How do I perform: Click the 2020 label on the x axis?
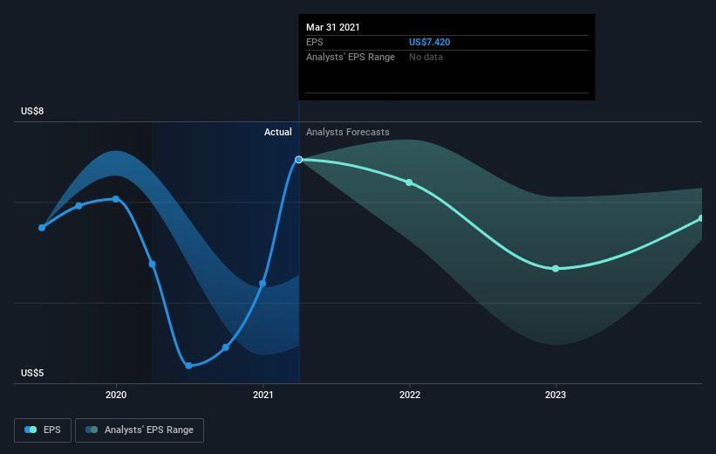(x=116, y=395)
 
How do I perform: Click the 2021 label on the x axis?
(x=263, y=395)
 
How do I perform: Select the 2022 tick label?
(x=410, y=395)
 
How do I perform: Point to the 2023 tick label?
(x=556, y=395)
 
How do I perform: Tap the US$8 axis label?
(x=32, y=111)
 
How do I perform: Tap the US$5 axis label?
(x=32, y=373)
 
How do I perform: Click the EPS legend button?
(x=43, y=430)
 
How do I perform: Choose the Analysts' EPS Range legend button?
(x=140, y=430)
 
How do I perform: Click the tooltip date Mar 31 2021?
(x=333, y=27)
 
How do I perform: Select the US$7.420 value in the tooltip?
(x=429, y=42)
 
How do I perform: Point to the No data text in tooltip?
(x=426, y=57)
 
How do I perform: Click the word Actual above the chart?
(x=277, y=132)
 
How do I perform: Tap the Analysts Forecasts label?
(x=347, y=132)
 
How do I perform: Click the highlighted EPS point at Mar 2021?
(x=298, y=160)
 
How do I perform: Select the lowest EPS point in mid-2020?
(x=189, y=366)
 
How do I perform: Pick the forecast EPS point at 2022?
(x=409, y=182)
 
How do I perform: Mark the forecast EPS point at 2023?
(x=556, y=269)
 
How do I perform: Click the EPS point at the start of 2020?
(x=116, y=199)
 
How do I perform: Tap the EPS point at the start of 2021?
(x=263, y=284)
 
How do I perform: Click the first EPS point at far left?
(x=42, y=228)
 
